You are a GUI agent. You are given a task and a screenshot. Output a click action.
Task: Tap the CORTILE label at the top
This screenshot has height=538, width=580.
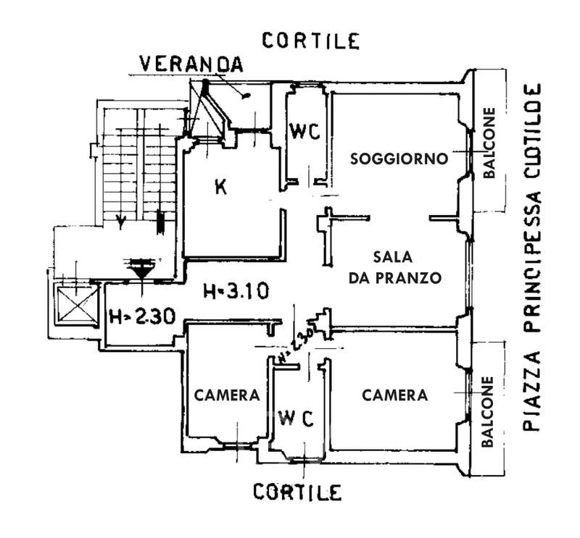point(311,41)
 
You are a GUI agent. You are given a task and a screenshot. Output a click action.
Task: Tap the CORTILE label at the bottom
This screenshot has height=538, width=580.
point(297,492)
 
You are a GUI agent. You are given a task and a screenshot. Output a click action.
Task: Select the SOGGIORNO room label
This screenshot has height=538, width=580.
point(398,159)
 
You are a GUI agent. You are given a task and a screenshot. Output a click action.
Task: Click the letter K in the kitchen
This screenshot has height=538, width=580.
point(221,187)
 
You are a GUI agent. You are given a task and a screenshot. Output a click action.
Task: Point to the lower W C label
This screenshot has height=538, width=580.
point(297,418)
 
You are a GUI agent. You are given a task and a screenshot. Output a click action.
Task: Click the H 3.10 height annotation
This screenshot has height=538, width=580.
point(236,292)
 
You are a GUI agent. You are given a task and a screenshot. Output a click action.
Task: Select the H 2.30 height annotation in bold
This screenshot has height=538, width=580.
point(141,316)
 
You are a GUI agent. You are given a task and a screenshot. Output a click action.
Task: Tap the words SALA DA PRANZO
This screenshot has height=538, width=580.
point(394,267)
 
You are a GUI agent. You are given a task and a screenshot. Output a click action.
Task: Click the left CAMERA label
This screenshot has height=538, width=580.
point(227,395)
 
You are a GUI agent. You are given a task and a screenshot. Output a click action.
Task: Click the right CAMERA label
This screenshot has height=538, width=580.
point(395,395)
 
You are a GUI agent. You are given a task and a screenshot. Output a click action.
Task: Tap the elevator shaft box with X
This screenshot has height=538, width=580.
point(75,303)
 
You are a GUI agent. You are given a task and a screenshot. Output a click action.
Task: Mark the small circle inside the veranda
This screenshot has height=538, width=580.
point(247,95)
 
